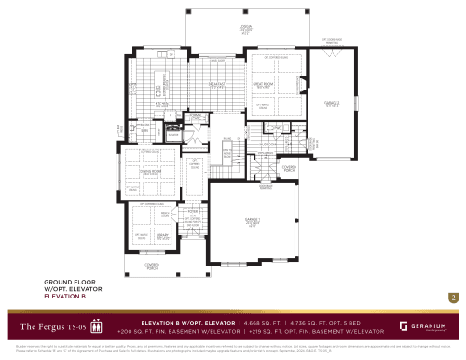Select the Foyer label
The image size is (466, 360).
194,212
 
